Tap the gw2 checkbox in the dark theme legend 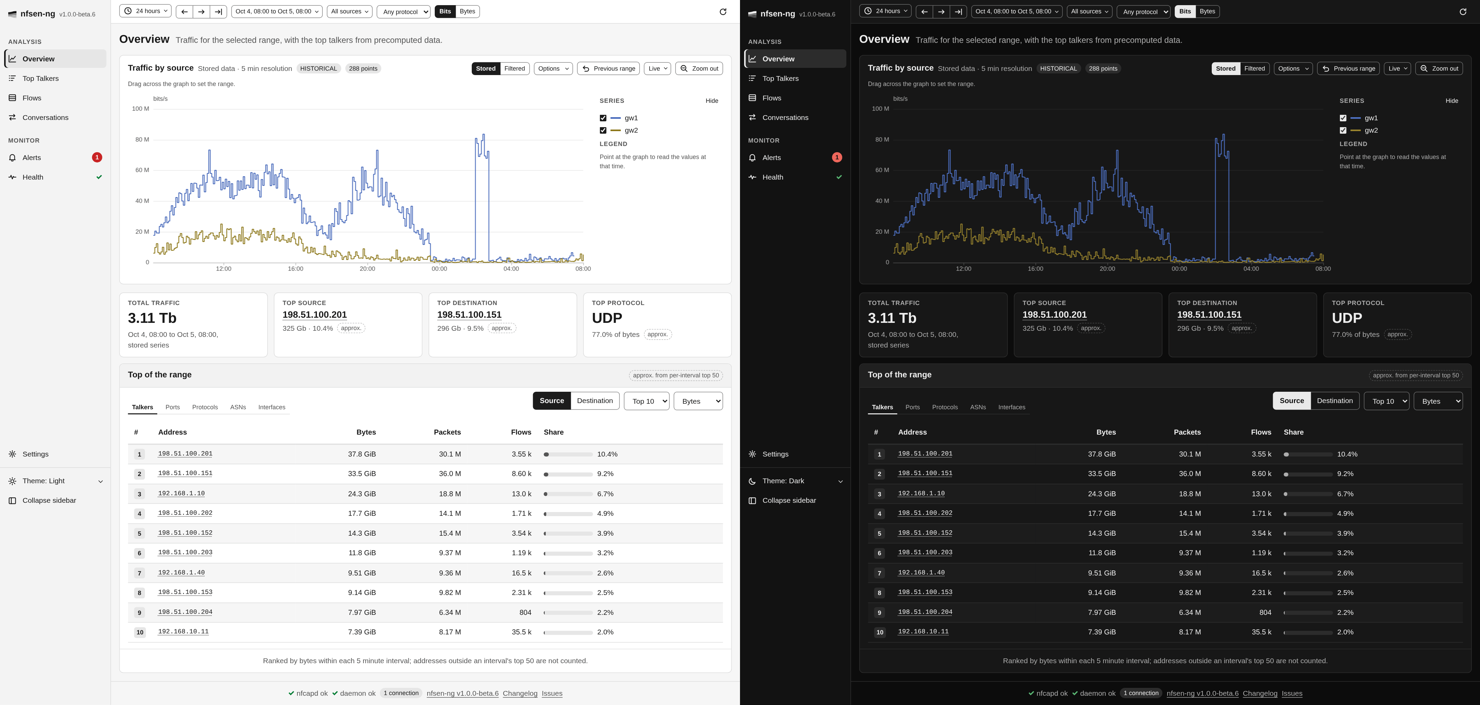pos(1343,131)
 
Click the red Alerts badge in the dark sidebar pos(837,157)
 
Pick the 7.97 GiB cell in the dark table pos(1101,612)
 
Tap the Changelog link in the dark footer pos(1260,693)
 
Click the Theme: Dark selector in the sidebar pos(795,481)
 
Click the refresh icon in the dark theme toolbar pos(1463,12)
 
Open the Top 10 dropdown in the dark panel pos(1386,401)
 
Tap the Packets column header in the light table pos(447,432)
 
